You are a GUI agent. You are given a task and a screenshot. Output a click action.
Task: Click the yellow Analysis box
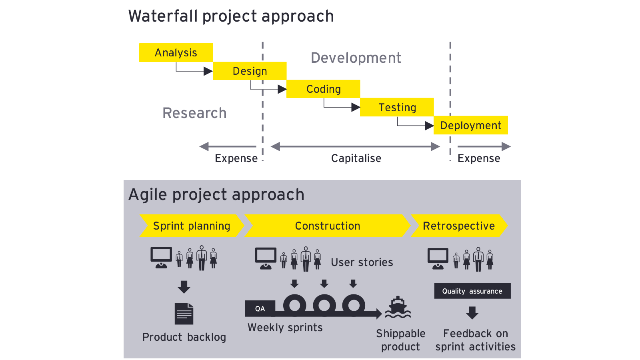coord(176,52)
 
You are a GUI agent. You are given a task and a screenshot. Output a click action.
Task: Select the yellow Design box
coord(250,71)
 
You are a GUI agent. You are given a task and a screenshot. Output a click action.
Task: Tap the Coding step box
coord(323,89)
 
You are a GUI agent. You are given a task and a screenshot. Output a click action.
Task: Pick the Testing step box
coord(397,107)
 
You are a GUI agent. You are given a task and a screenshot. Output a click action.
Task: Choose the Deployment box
coord(470,125)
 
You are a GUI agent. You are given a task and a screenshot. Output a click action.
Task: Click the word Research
coord(194,113)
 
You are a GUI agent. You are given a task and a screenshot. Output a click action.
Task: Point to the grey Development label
coord(356,58)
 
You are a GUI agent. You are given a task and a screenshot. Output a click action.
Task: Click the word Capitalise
coord(356,158)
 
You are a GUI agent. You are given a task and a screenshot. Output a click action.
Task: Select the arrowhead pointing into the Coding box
coord(282,89)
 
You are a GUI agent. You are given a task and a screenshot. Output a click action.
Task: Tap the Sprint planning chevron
coord(192,226)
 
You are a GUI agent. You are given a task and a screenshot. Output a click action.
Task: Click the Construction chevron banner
coord(328,226)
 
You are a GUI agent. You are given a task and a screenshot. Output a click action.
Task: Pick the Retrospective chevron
coord(459,226)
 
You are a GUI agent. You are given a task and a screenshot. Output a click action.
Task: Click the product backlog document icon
coord(184,314)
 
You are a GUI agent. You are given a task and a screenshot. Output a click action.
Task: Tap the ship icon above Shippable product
coord(398,308)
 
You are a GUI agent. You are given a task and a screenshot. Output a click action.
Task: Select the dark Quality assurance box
coord(472,291)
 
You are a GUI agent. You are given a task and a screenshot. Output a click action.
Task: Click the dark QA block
coord(260,308)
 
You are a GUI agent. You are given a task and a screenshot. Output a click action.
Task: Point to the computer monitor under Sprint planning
coord(161,258)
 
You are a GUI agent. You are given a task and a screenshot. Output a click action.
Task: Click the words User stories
coord(362,262)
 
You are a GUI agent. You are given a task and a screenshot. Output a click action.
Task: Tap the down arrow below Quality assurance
coord(472,313)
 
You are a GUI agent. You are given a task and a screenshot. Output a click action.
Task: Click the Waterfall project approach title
coord(231,16)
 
